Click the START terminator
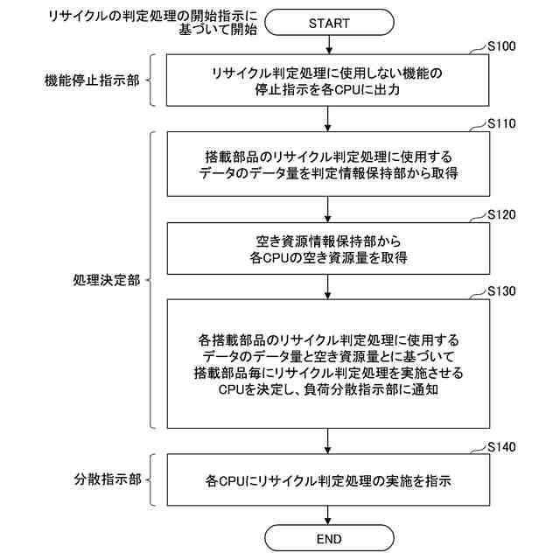click(x=329, y=23)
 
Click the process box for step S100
click(x=329, y=80)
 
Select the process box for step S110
click(x=329, y=165)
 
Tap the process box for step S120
click(x=329, y=249)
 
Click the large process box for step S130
click(x=329, y=363)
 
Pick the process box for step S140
click(x=329, y=480)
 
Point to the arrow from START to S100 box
click(x=329, y=45)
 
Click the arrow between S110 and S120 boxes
click(x=329, y=209)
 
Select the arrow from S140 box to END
click(x=329, y=514)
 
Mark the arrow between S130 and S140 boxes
click(x=329, y=441)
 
